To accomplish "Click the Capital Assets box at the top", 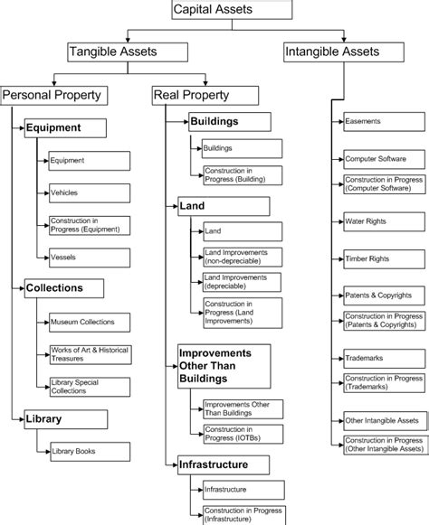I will click(x=232, y=11).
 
